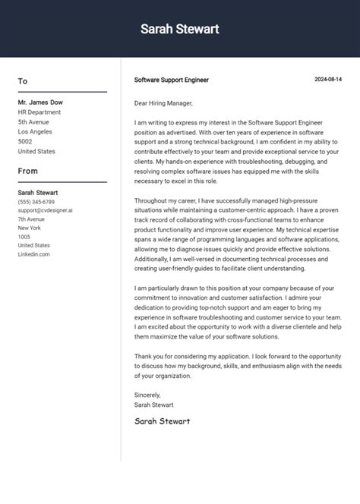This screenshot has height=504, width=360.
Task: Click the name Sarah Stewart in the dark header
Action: point(179,29)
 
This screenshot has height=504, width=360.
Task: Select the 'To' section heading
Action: point(23,81)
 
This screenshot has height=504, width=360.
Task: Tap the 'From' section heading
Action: point(27,171)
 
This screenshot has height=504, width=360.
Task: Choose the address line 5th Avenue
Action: point(33,121)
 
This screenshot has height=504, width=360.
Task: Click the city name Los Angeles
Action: point(35,131)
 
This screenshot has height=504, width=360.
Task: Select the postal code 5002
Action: point(25,141)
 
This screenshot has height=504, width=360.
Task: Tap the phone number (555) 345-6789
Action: point(36,202)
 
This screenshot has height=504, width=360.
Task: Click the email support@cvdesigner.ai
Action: point(46,210)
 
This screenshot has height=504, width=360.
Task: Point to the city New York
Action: point(30,228)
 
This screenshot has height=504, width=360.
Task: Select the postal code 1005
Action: point(24,237)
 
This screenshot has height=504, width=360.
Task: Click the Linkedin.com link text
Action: point(34,254)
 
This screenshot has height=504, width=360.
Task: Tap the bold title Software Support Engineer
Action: point(171,80)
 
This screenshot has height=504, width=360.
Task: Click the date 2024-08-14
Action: point(328,80)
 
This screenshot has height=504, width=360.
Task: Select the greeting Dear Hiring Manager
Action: point(163,103)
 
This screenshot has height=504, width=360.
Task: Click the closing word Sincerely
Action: point(147,395)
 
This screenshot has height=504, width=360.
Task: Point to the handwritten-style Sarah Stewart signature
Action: point(162,421)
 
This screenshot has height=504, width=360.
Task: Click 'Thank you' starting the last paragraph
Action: point(149,356)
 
